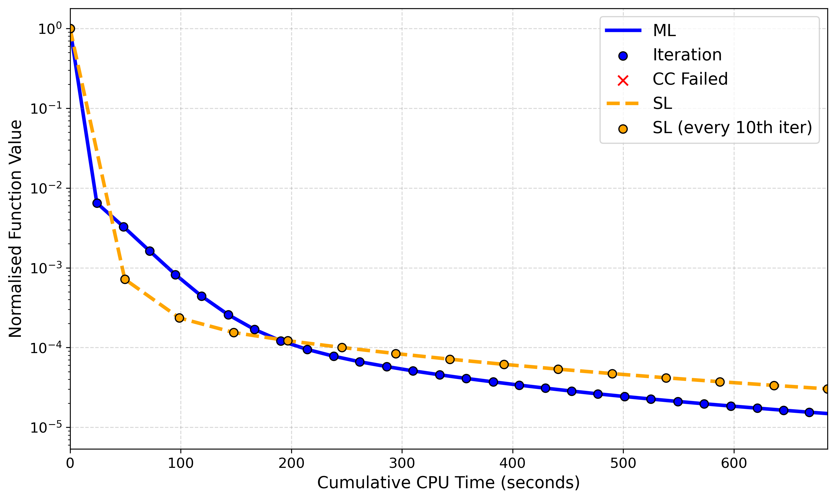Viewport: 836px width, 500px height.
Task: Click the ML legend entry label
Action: pos(664,31)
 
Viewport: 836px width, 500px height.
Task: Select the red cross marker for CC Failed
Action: pos(623,81)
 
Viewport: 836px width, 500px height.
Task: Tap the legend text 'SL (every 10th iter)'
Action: pos(732,128)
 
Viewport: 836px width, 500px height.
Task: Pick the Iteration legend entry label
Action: pos(687,55)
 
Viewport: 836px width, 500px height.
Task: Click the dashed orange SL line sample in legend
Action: pos(623,103)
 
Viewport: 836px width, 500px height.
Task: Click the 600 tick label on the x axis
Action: pos(734,464)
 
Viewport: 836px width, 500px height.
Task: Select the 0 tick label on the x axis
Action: pos(70,464)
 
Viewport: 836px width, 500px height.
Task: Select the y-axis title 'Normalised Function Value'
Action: pos(16,229)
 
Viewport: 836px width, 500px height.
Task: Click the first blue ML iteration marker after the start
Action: pos(97,203)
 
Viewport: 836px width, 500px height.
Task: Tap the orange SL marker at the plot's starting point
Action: pos(71,29)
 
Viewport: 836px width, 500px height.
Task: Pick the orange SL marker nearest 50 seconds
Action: pos(125,279)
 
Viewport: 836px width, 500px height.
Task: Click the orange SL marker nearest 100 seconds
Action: pos(180,318)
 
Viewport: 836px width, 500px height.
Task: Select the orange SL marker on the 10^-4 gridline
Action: pos(342,348)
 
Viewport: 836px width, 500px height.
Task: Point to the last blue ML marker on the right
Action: pos(809,412)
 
